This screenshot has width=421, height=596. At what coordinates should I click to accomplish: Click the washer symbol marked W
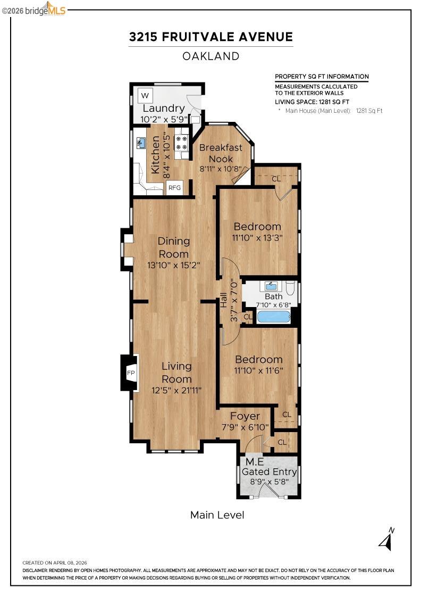(145, 96)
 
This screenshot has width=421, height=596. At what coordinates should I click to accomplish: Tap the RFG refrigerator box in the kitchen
(174, 187)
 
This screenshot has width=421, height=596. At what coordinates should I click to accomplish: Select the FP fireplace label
(131, 374)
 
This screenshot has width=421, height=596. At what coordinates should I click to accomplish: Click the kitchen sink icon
(142, 143)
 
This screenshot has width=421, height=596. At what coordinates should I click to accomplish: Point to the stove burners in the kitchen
(181, 142)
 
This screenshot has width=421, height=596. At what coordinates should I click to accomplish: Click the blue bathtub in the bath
(274, 317)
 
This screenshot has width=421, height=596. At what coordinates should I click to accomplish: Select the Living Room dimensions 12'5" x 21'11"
(176, 391)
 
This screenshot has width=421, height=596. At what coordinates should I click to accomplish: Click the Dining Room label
(173, 247)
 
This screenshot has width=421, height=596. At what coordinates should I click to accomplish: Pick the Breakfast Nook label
(221, 153)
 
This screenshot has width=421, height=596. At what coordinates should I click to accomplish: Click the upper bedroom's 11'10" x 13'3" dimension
(257, 238)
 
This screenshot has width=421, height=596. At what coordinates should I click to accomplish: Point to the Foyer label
(245, 416)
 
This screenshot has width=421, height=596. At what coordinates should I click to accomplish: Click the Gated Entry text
(269, 471)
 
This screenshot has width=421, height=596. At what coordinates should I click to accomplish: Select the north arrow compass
(387, 540)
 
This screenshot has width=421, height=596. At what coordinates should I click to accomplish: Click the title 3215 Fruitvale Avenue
(210, 37)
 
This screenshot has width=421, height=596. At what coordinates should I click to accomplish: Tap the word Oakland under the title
(210, 56)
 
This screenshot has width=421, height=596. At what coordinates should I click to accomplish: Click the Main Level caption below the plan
(217, 515)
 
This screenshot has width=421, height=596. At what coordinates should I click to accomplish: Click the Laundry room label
(163, 109)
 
